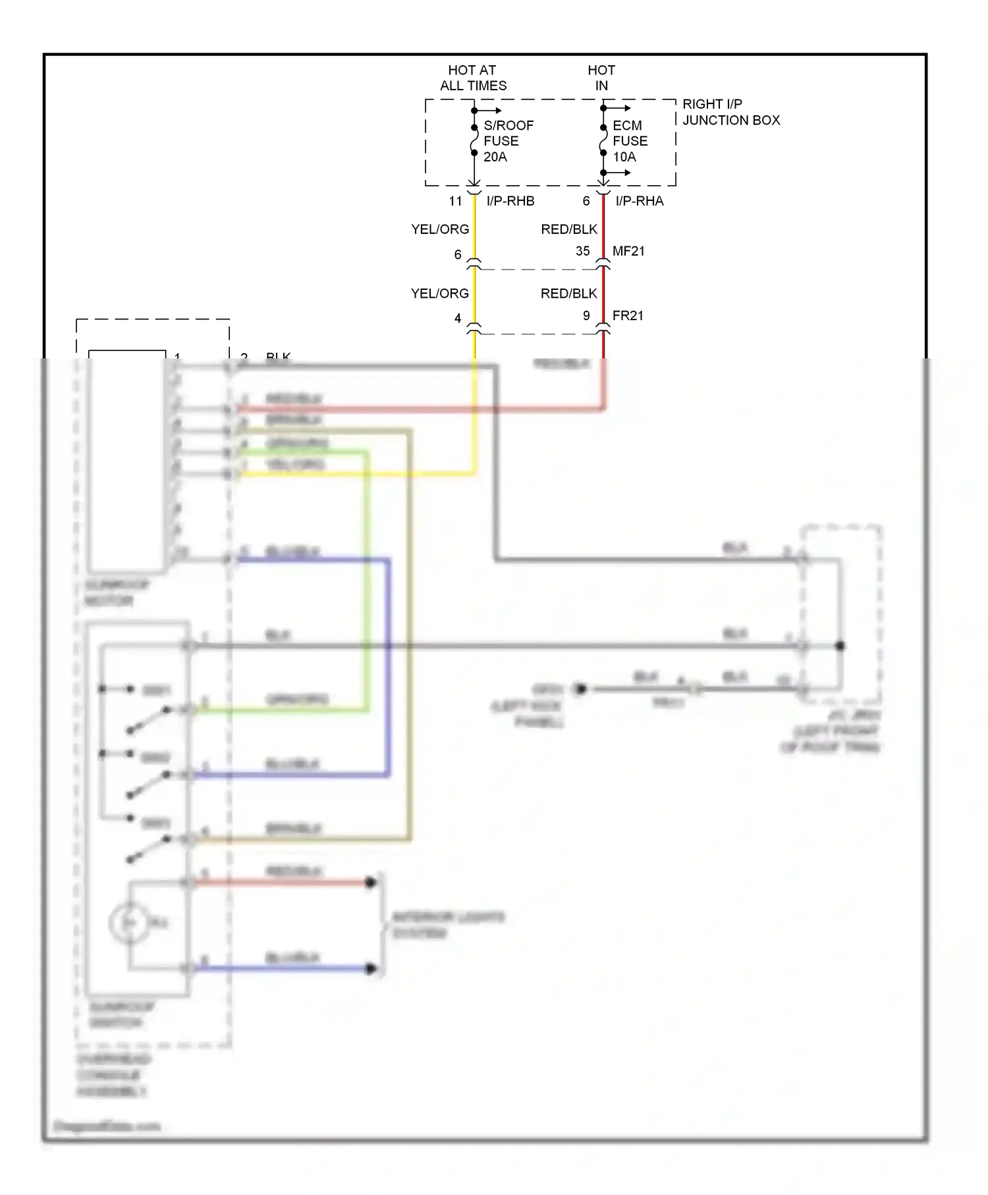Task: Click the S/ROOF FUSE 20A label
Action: click(x=508, y=141)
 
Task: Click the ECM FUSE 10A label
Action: click(x=630, y=141)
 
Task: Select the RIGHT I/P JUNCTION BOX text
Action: click(x=730, y=112)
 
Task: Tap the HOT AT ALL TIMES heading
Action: click(x=473, y=78)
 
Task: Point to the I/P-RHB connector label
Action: click(x=510, y=201)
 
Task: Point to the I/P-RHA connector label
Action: click(x=640, y=201)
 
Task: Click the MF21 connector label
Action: click(x=628, y=251)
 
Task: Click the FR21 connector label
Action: click(x=628, y=316)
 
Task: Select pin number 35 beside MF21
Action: click(x=582, y=251)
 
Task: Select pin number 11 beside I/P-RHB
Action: click(x=456, y=201)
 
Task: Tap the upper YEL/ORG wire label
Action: click(x=440, y=229)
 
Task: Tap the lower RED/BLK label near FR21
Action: click(x=568, y=293)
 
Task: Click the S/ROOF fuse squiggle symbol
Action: click(x=474, y=140)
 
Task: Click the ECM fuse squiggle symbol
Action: click(x=603, y=140)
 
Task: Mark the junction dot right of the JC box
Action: click(x=840, y=646)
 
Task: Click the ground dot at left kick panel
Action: click(x=580, y=689)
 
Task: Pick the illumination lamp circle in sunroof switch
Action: click(x=128, y=923)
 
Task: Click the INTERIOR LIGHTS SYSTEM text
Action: click(x=448, y=925)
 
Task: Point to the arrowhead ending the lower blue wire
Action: click(x=371, y=968)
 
